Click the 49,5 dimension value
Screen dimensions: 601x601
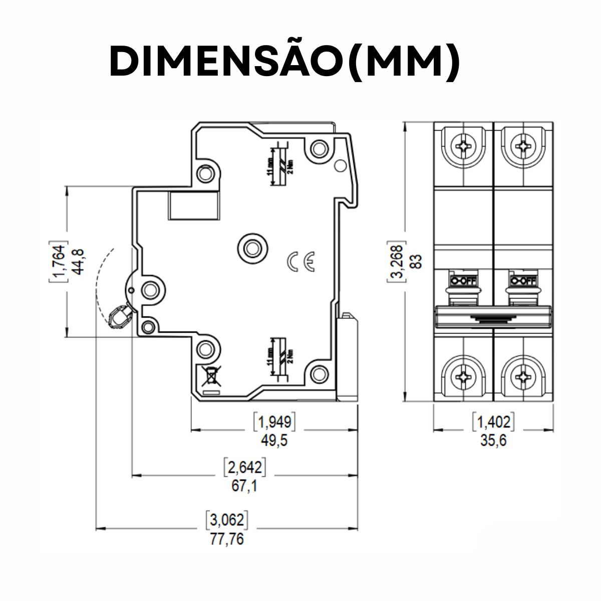274,441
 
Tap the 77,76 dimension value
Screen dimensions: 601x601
226,540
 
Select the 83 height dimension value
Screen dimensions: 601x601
416,261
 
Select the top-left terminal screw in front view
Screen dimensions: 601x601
464,147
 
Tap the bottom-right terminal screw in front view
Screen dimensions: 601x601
523,376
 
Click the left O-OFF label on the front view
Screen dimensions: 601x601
464,279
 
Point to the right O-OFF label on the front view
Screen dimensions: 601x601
523,279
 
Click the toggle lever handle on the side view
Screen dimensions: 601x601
119,317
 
